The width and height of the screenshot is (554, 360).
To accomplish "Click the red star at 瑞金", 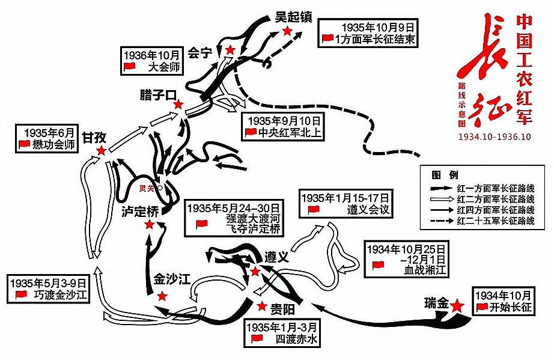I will point(457,305).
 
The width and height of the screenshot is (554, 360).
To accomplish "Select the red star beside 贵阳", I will point(261,306).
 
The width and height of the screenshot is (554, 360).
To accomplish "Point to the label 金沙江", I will point(170,280).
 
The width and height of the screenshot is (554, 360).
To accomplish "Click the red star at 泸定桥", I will point(149,225).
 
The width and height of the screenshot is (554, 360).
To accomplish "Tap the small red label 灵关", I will point(147,188).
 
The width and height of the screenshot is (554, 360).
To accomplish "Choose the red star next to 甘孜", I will point(102,150).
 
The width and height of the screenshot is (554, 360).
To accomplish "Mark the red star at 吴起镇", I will point(288,31).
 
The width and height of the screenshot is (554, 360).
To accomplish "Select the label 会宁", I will point(200,53).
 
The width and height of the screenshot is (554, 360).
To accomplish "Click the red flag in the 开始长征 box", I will point(481,308).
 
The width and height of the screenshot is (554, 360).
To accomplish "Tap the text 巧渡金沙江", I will point(60,294).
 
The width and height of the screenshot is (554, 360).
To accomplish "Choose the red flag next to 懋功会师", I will point(25,144).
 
